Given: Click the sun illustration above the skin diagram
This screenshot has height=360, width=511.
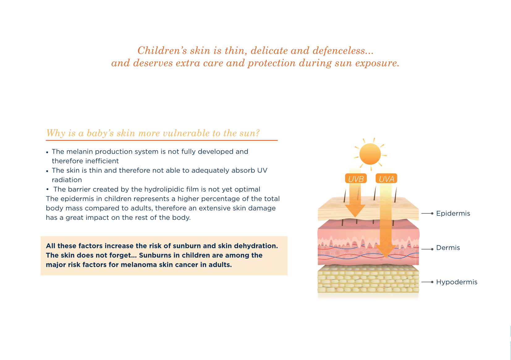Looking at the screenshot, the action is [370, 154].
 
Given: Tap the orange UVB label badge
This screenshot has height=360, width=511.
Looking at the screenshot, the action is [356, 178].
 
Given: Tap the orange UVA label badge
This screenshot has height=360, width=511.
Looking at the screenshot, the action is [386, 178].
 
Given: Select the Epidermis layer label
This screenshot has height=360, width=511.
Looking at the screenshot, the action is [453, 213].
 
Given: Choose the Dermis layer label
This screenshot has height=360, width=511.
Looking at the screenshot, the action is [448, 248].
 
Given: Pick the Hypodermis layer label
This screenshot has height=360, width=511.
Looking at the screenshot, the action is [457, 282].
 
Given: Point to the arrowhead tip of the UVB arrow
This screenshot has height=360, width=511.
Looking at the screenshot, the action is [355, 217].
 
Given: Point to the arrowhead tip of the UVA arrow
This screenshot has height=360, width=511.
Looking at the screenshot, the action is [386, 257].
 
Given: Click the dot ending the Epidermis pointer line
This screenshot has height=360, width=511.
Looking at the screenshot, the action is [432, 213].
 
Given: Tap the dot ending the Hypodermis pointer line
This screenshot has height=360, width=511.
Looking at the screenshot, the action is [432, 282].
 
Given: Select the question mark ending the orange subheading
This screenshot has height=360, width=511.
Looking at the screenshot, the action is [258, 133].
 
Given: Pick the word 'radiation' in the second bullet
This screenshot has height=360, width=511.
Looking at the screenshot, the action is [67, 180].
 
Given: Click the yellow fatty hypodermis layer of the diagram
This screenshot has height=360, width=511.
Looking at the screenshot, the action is [368, 279].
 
